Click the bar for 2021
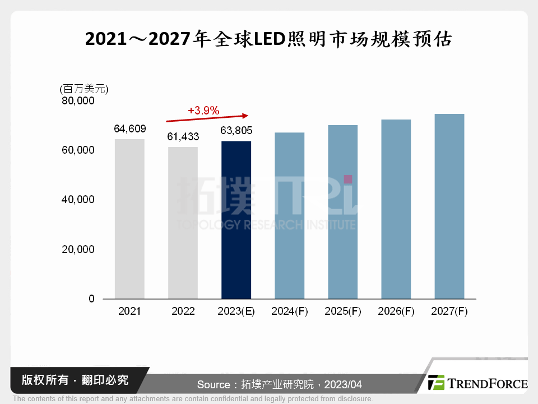129,219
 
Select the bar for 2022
183,223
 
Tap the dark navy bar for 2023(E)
236,220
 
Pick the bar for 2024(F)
289,215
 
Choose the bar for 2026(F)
396,209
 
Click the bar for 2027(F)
449,206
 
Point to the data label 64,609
129,129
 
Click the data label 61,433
183,136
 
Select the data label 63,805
236,131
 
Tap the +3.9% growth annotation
203,111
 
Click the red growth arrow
207,118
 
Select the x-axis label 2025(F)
343,311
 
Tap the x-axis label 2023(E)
236,311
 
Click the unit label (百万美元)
84,89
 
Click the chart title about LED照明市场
268,39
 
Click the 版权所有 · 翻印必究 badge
75,380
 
